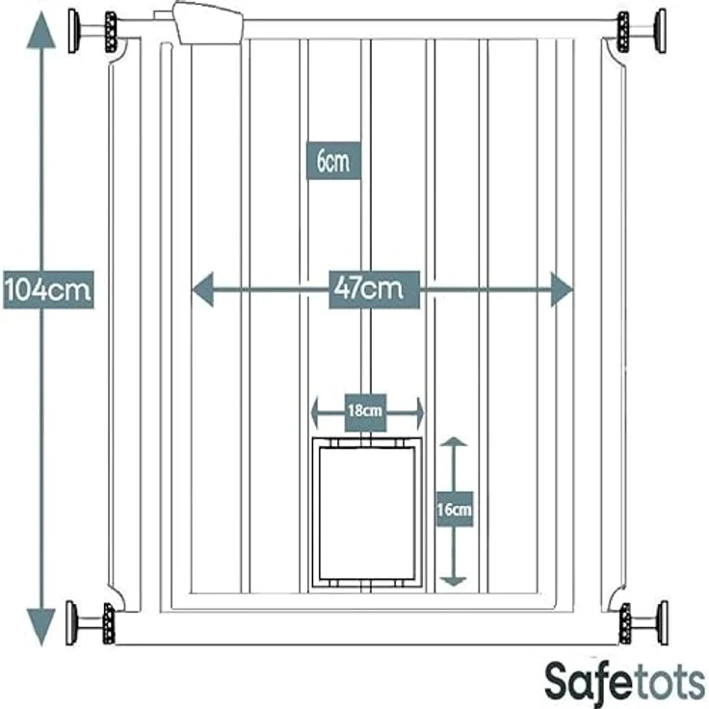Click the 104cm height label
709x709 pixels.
(x=48, y=290)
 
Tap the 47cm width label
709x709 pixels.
(x=374, y=290)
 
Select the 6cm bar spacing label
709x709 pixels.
(x=333, y=161)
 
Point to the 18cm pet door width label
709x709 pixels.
(x=365, y=412)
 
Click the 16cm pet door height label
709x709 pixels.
(x=455, y=510)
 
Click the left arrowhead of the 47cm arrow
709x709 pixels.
(x=202, y=290)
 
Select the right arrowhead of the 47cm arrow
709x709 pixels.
(x=562, y=290)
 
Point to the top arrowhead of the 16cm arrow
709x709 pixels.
(x=454, y=441)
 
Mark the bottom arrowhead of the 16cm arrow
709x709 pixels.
(x=454, y=582)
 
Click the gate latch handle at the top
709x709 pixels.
(x=208, y=23)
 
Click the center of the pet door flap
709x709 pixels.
(x=367, y=513)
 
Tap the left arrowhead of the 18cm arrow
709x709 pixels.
(x=315, y=412)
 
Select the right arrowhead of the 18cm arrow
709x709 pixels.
(x=420, y=412)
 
